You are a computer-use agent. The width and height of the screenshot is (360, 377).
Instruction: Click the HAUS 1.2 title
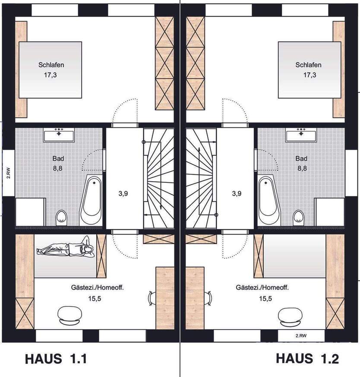[x=307, y=358]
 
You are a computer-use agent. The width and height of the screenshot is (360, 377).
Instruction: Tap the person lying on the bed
[x=65, y=249]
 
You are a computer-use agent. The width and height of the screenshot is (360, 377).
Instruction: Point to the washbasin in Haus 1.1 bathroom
[x=60, y=135]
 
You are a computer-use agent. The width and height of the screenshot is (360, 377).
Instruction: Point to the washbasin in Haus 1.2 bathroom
[x=301, y=135]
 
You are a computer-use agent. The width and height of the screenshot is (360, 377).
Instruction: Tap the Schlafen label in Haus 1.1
[x=51, y=65]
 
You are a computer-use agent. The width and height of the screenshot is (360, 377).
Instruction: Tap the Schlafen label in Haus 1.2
[x=308, y=65]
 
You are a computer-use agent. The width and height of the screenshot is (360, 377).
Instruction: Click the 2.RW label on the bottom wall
[x=300, y=335]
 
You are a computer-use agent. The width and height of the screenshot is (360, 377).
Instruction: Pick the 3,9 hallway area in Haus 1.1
[x=123, y=193]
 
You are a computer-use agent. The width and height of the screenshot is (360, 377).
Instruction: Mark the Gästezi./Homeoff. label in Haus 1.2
[x=262, y=287]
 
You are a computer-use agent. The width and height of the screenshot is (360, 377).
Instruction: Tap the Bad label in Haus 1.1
[x=58, y=158]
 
